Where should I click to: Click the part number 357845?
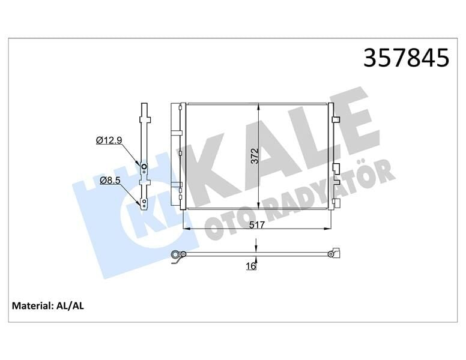click(407, 58)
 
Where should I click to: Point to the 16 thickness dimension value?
click(251, 266)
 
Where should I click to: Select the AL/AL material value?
click(70, 306)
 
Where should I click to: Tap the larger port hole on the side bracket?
click(144, 166)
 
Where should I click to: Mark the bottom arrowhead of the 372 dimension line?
click(259, 205)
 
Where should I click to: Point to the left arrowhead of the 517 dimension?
click(185, 229)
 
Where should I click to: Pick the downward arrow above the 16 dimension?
click(257, 248)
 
